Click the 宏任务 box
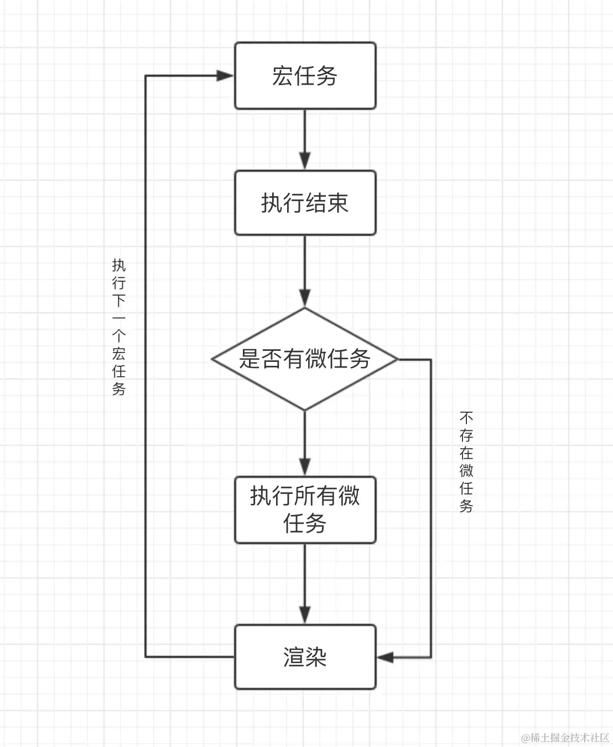coord(305,76)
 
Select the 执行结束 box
coord(305,203)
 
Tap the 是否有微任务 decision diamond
coord(305,359)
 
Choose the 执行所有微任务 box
coord(305,509)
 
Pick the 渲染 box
coord(305,657)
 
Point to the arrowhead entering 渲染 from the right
coord(385,657)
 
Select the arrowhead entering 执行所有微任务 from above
coord(305,466)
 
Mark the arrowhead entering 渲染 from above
coord(305,614)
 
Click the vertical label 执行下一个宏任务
coord(119,327)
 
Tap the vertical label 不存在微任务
coord(466,461)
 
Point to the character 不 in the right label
coord(466,417)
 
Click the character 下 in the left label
coord(119,300)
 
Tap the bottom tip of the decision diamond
coord(305,409)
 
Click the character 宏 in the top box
coord(282,76)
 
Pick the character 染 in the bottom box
coord(316,657)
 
